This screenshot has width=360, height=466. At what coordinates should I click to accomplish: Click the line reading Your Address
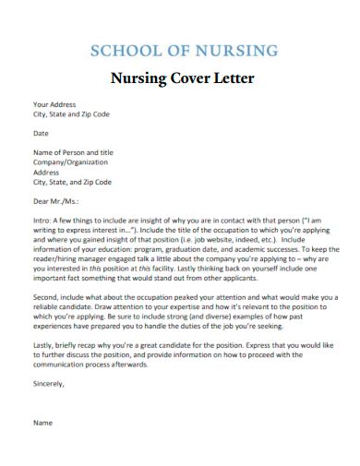pos(54,104)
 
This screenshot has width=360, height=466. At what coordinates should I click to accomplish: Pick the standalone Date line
pos(42,133)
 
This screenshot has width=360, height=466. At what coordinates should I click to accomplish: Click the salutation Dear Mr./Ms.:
pos(56,199)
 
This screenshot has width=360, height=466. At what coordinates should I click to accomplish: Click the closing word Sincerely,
pos(51,392)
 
